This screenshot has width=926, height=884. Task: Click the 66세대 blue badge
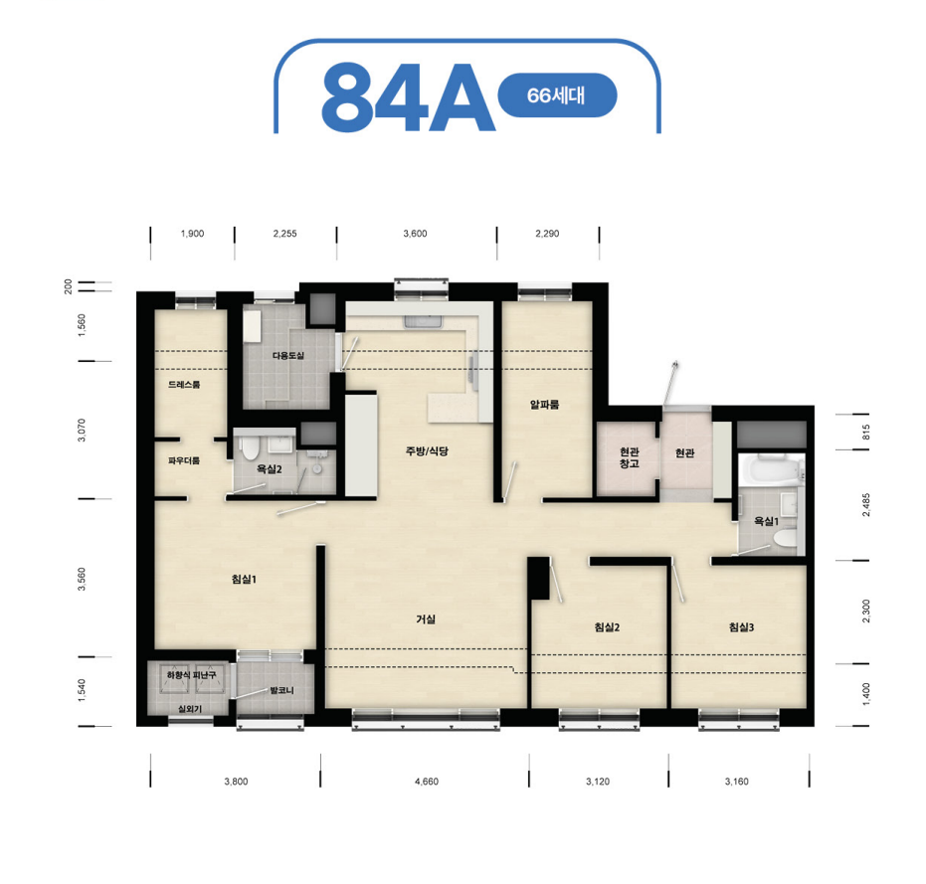click(x=557, y=95)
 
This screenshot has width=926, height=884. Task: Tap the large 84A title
click(x=407, y=97)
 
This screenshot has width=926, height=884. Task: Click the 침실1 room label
click(x=244, y=580)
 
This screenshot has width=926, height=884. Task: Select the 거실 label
click(x=426, y=619)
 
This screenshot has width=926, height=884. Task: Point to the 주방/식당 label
click(x=427, y=451)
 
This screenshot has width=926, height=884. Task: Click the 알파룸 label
click(x=544, y=405)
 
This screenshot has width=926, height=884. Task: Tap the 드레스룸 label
click(x=184, y=385)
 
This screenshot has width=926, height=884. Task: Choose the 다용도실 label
click(x=288, y=356)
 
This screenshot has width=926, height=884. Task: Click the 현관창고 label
click(x=630, y=457)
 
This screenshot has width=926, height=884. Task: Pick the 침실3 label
click(x=741, y=627)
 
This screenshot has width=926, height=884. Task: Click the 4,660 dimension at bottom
click(x=427, y=782)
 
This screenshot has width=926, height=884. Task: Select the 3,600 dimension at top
click(x=415, y=234)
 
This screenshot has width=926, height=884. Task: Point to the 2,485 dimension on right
click(x=865, y=505)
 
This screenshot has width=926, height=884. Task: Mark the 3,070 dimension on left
click(x=82, y=430)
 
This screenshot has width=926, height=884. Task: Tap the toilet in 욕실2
click(x=250, y=448)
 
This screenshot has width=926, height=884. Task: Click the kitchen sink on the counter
click(x=423, y=322)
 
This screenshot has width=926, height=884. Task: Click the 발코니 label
click(x=281, y=690)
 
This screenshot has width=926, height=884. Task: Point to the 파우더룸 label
click(x=184, y=460)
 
